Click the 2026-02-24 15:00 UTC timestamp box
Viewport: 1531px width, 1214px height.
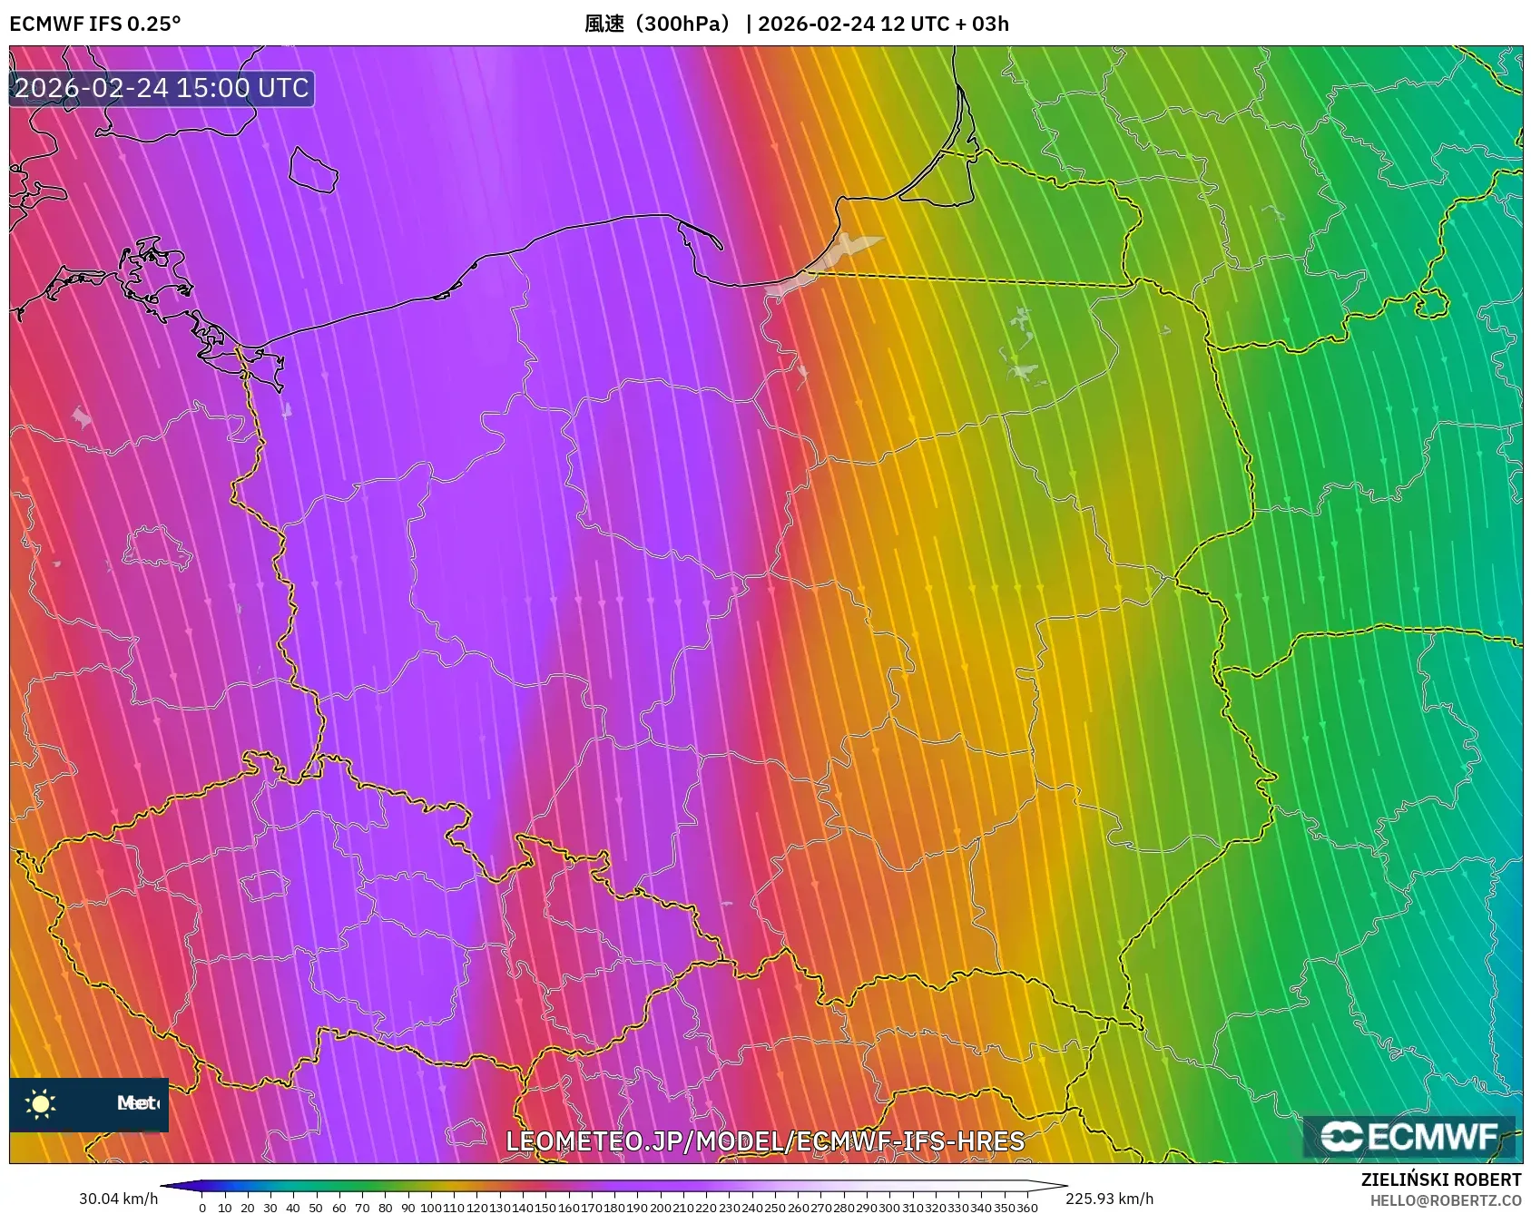pos(162,88)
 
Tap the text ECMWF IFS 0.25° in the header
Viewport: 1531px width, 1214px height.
pos(95,24)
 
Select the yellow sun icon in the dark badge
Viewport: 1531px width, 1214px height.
pos(41,1103)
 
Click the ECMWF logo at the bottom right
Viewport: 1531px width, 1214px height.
pos(1409,1137)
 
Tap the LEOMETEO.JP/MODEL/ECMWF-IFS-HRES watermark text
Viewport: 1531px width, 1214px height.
pos(765,1141)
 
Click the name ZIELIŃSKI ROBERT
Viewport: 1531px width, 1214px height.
pos(1440,1180)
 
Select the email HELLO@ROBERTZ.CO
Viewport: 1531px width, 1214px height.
pos(1445,1200)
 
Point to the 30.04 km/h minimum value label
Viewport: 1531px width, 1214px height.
pos(118,1199)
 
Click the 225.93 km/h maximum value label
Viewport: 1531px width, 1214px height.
pos(1109,1199)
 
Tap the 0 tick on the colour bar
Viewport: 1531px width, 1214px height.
pos(202,1208)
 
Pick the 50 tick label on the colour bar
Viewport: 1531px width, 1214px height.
pos(316,1208)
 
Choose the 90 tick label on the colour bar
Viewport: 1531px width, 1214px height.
pos(407,1208)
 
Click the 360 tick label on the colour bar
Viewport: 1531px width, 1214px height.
pos(1026,1208)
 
